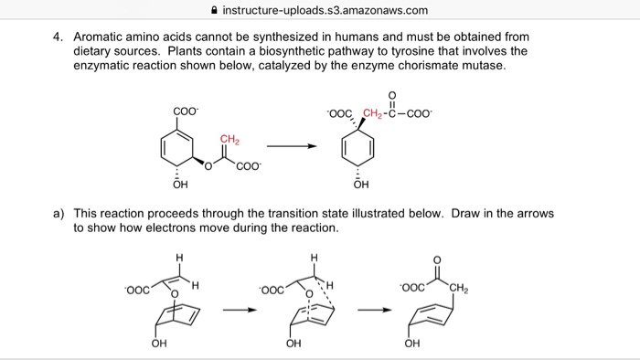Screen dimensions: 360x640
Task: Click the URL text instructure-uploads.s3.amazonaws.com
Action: click(x=325, y=10)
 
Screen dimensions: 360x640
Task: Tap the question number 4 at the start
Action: click(x=57, y=37)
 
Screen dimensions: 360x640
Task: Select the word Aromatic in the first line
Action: click(x=103, y=37)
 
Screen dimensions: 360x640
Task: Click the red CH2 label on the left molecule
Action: click(x=229, y=138)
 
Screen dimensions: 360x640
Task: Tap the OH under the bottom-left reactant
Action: click(x=159, y=344)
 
